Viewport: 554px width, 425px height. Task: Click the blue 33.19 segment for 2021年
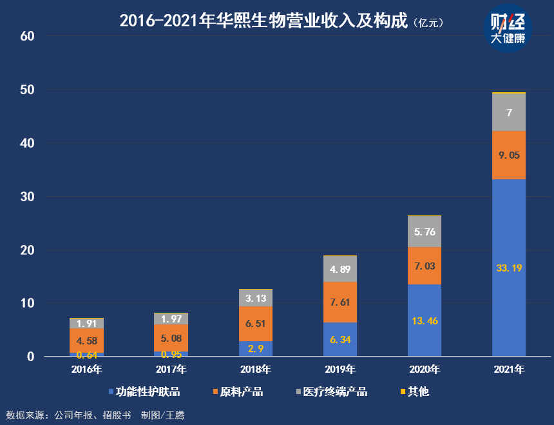coord(509,267)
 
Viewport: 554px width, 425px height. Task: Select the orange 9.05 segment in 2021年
coord(509,155)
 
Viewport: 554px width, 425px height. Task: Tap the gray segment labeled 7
coord(509,112)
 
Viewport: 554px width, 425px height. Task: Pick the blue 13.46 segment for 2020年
coord(425,320)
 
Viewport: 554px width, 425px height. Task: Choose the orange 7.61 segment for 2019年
coord(340,302)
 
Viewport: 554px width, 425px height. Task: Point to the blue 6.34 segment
coord(340,339)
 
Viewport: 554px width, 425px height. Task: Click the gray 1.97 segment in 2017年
coord(171,319)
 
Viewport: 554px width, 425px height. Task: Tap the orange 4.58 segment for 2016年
coord(87,341)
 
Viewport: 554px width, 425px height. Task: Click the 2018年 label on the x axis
coord(256,370)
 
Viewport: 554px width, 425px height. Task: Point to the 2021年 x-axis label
coord(509,370)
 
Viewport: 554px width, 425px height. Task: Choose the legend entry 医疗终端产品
coord(331,391)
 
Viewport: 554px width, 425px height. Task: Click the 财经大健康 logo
coord(508,30)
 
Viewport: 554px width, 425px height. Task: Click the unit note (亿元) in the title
coord(431,23)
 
